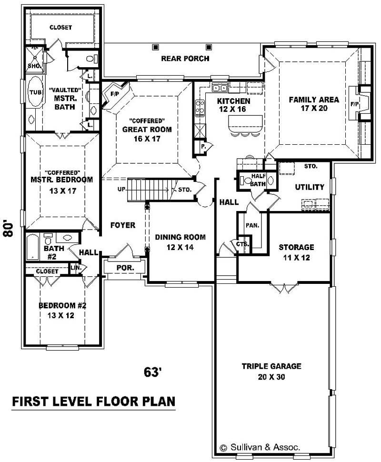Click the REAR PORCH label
[x=185, y=58]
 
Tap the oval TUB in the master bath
[x=35, y=92]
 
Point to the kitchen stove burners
[x=200, y=108]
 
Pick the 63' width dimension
[x=153, y=372]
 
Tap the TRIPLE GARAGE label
[x=271, y=366]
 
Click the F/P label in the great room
[x=114, y=94]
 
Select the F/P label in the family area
[x=355, y=104]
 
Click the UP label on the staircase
[x=121, y=189]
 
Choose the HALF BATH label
[x=258, y=180]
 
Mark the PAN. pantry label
[x=252, y=225]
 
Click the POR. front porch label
[x=125, y=268]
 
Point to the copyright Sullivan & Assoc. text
[x=260, y=447]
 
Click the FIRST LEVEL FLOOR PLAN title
[x=94, y=402]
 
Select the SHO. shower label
[x=34, y=66]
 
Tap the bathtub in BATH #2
[x=33, y=247]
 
